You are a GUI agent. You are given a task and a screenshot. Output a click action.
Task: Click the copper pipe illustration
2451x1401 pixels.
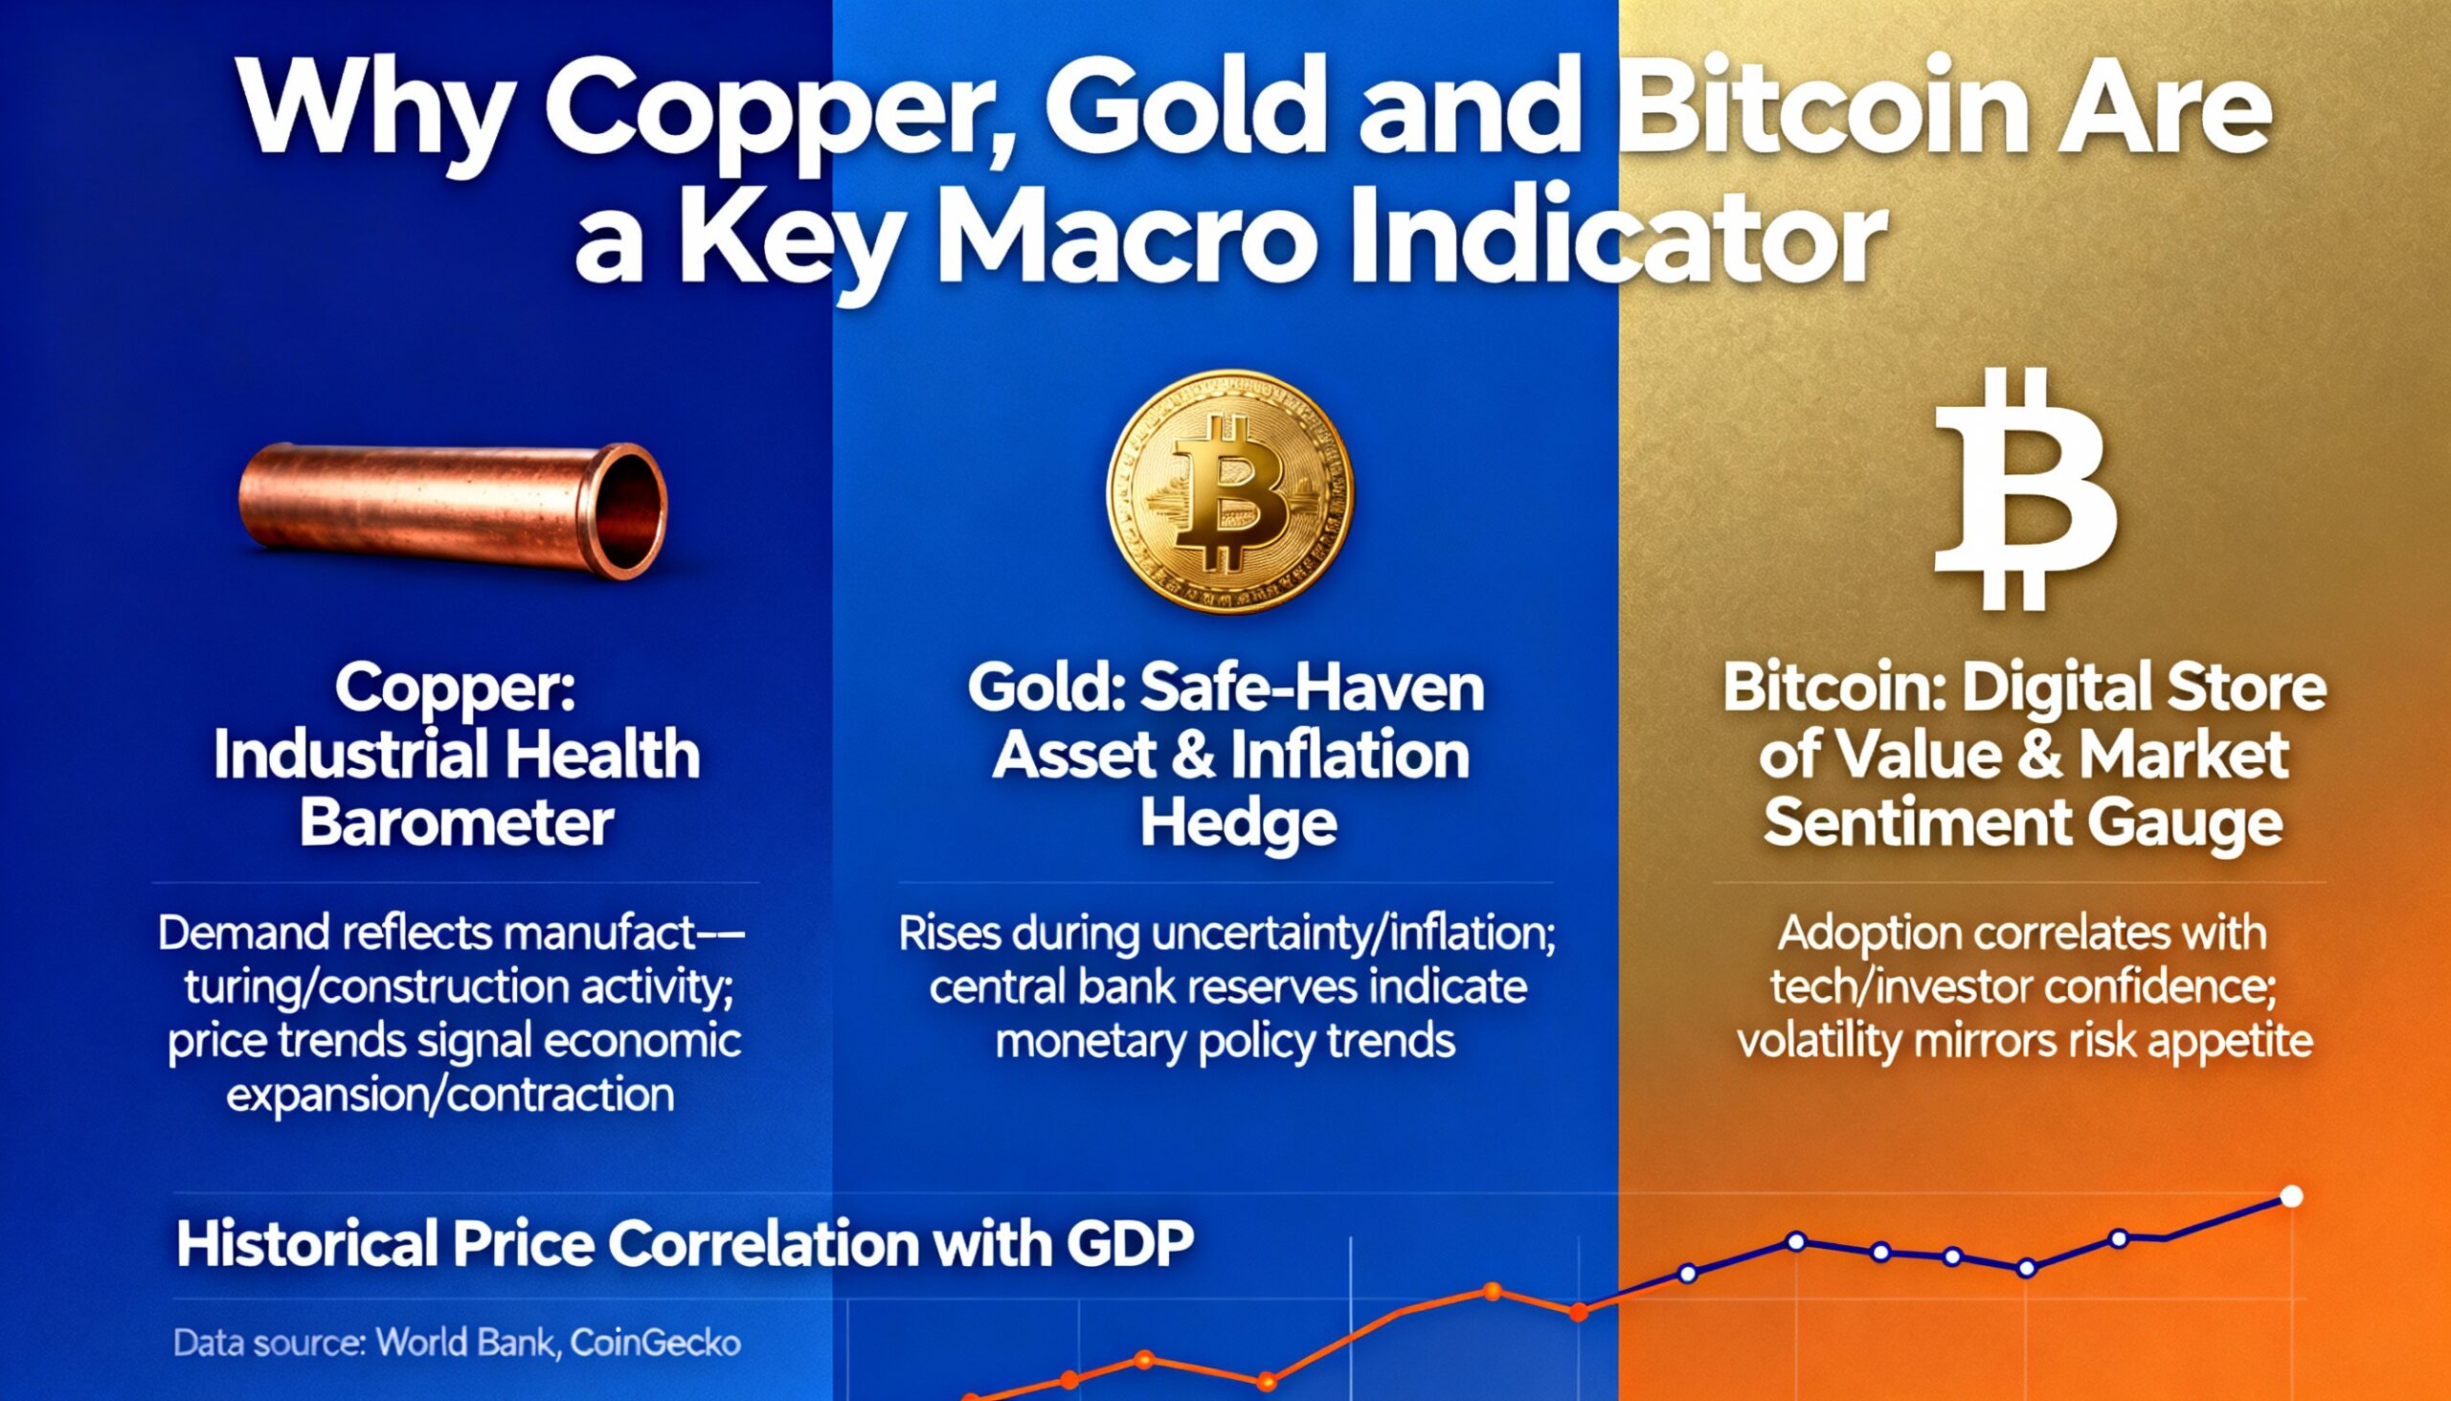point(452,510)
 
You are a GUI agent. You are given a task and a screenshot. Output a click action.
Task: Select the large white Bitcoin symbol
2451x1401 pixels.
point(2026,489)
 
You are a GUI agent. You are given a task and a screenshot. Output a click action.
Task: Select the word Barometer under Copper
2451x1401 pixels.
point(457,824)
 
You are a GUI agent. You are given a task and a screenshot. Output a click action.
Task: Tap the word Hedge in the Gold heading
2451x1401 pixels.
point(1238,824)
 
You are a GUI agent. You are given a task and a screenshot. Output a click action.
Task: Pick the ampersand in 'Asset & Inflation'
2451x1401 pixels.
point(1187,757)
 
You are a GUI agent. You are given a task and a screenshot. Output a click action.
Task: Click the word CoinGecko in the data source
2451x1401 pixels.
point(655,1344)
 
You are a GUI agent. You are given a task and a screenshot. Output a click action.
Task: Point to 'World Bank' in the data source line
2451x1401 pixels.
point(466,1344)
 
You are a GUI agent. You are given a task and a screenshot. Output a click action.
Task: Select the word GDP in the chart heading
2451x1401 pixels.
point(1131,1243)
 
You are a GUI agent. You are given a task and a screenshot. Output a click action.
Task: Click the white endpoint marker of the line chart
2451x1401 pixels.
point(2291,1196)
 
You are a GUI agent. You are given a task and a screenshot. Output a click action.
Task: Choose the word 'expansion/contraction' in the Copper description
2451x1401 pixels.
point(449,1095)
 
